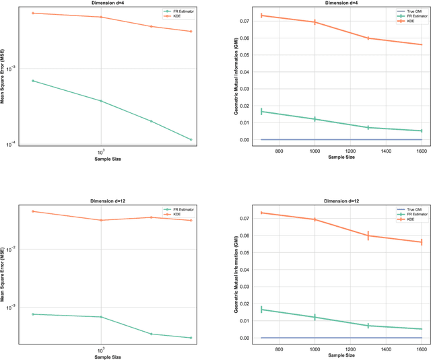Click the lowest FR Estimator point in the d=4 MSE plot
tap(191, 140)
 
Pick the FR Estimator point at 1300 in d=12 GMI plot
tap(368, 326)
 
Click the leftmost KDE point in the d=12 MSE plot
tap(32, 211)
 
